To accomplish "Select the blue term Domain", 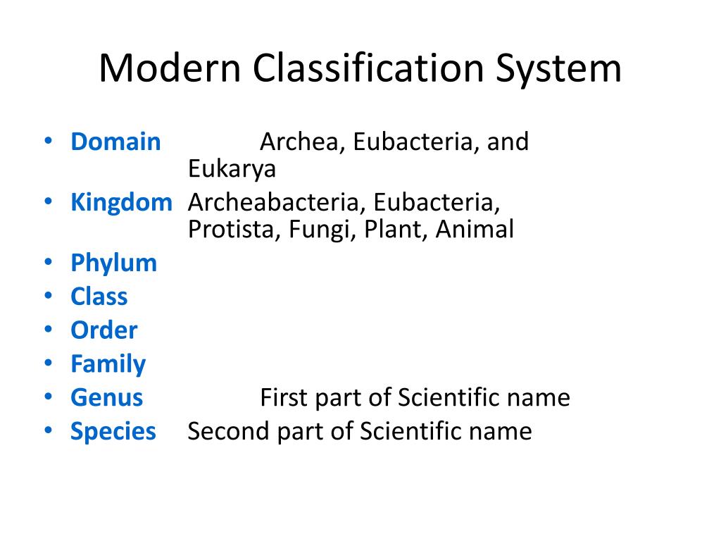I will pos(115,142).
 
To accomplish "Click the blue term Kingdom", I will pos(121,203).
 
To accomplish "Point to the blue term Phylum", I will pos(113,263).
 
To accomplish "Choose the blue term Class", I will pos(99,297).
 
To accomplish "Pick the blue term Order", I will pos(104,330).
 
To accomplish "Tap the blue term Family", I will pos(108,364).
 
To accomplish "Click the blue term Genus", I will pos(106,398).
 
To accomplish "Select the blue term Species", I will pos(113,431).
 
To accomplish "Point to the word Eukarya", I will pos(232,169).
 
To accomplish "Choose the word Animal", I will pos(475,230).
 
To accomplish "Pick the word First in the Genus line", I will pos(282,398).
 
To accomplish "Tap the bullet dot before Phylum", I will pos(47,263).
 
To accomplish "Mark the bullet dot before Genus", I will pos(47,398).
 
